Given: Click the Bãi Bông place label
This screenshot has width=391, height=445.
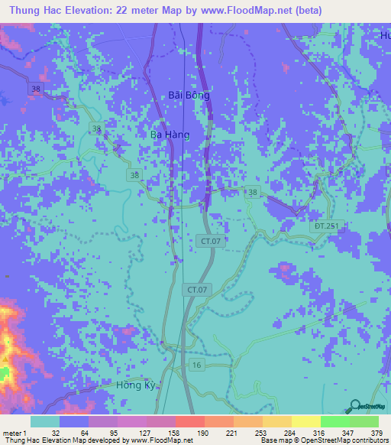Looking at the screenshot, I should pyautogui.click(x=188, y=96).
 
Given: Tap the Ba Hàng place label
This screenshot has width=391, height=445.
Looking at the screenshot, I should pyautogui.click(x=169, y=134).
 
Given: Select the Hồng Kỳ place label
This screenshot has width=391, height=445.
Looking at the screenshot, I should pyautogui.click(x=138, y=385).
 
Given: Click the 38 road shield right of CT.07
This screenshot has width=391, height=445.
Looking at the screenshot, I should pyautogui.click(x=254, y=192).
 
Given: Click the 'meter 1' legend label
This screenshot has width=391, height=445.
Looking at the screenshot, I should pyautogui.click(x=15, y=433).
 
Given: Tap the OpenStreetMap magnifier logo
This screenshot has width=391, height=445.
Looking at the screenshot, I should pyautogui.click(x=354, y=406).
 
